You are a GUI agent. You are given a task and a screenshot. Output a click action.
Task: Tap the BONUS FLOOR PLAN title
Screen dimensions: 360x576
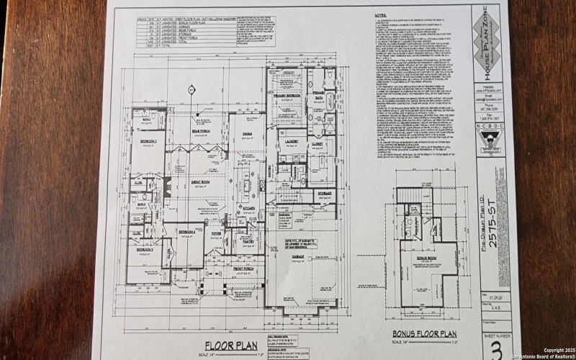(425, 334)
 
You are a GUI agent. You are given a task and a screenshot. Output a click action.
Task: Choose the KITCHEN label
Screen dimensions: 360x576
(248, 207)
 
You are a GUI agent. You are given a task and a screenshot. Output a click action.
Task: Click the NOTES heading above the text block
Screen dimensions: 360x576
(381, 14)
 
